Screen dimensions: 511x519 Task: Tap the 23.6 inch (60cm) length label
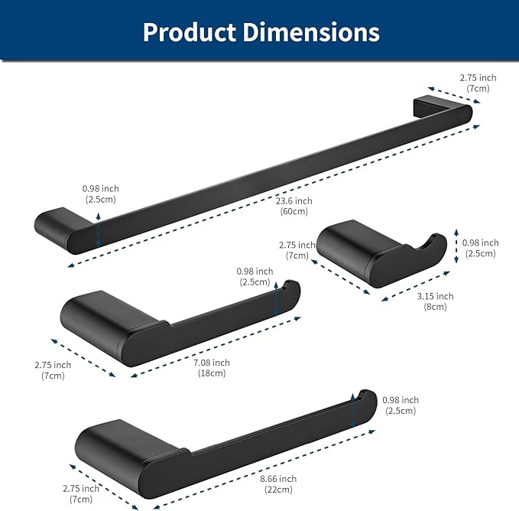(x=294, y=206)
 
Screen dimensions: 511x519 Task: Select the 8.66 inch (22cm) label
(x=278, y=483)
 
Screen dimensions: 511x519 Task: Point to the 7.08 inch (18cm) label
(x=211, y=367)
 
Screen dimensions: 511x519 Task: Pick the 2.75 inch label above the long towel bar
(x=478, y=83)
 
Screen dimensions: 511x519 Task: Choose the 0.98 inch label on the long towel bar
(x=101, y=194)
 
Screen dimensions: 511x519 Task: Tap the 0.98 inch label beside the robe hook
(x=479, y=248)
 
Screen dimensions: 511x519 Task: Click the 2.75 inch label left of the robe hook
(x=297, y=250)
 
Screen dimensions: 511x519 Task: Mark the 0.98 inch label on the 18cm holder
(x=255, y=276)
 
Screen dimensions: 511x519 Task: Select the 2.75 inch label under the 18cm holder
(x=53, y=370)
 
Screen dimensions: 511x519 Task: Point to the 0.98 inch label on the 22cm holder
(x=401, y=405)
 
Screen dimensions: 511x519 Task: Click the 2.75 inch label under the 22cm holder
(x=80, y=493)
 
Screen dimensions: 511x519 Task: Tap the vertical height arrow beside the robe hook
(x=456, y=245)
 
